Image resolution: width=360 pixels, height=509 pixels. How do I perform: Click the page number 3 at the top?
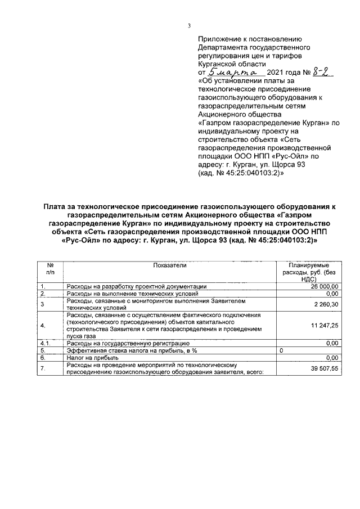pyautogui.click(x=189, y=25)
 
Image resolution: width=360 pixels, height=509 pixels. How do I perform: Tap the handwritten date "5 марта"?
pyautogui.click(x=232, y=72)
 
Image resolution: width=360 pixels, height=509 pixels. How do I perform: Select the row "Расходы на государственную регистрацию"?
pyautogui.click(x=128, y=343)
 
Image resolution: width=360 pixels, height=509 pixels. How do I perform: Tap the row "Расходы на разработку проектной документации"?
pyautogui.click(x=137, y=286)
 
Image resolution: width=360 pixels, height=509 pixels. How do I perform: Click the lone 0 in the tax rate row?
pyautogui.click(x=281, y=350)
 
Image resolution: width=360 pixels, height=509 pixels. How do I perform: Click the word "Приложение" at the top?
pyautogui.click(x=219, y=39)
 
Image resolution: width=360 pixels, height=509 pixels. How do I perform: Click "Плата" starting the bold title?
pyautogui.click(x=56, y=207)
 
